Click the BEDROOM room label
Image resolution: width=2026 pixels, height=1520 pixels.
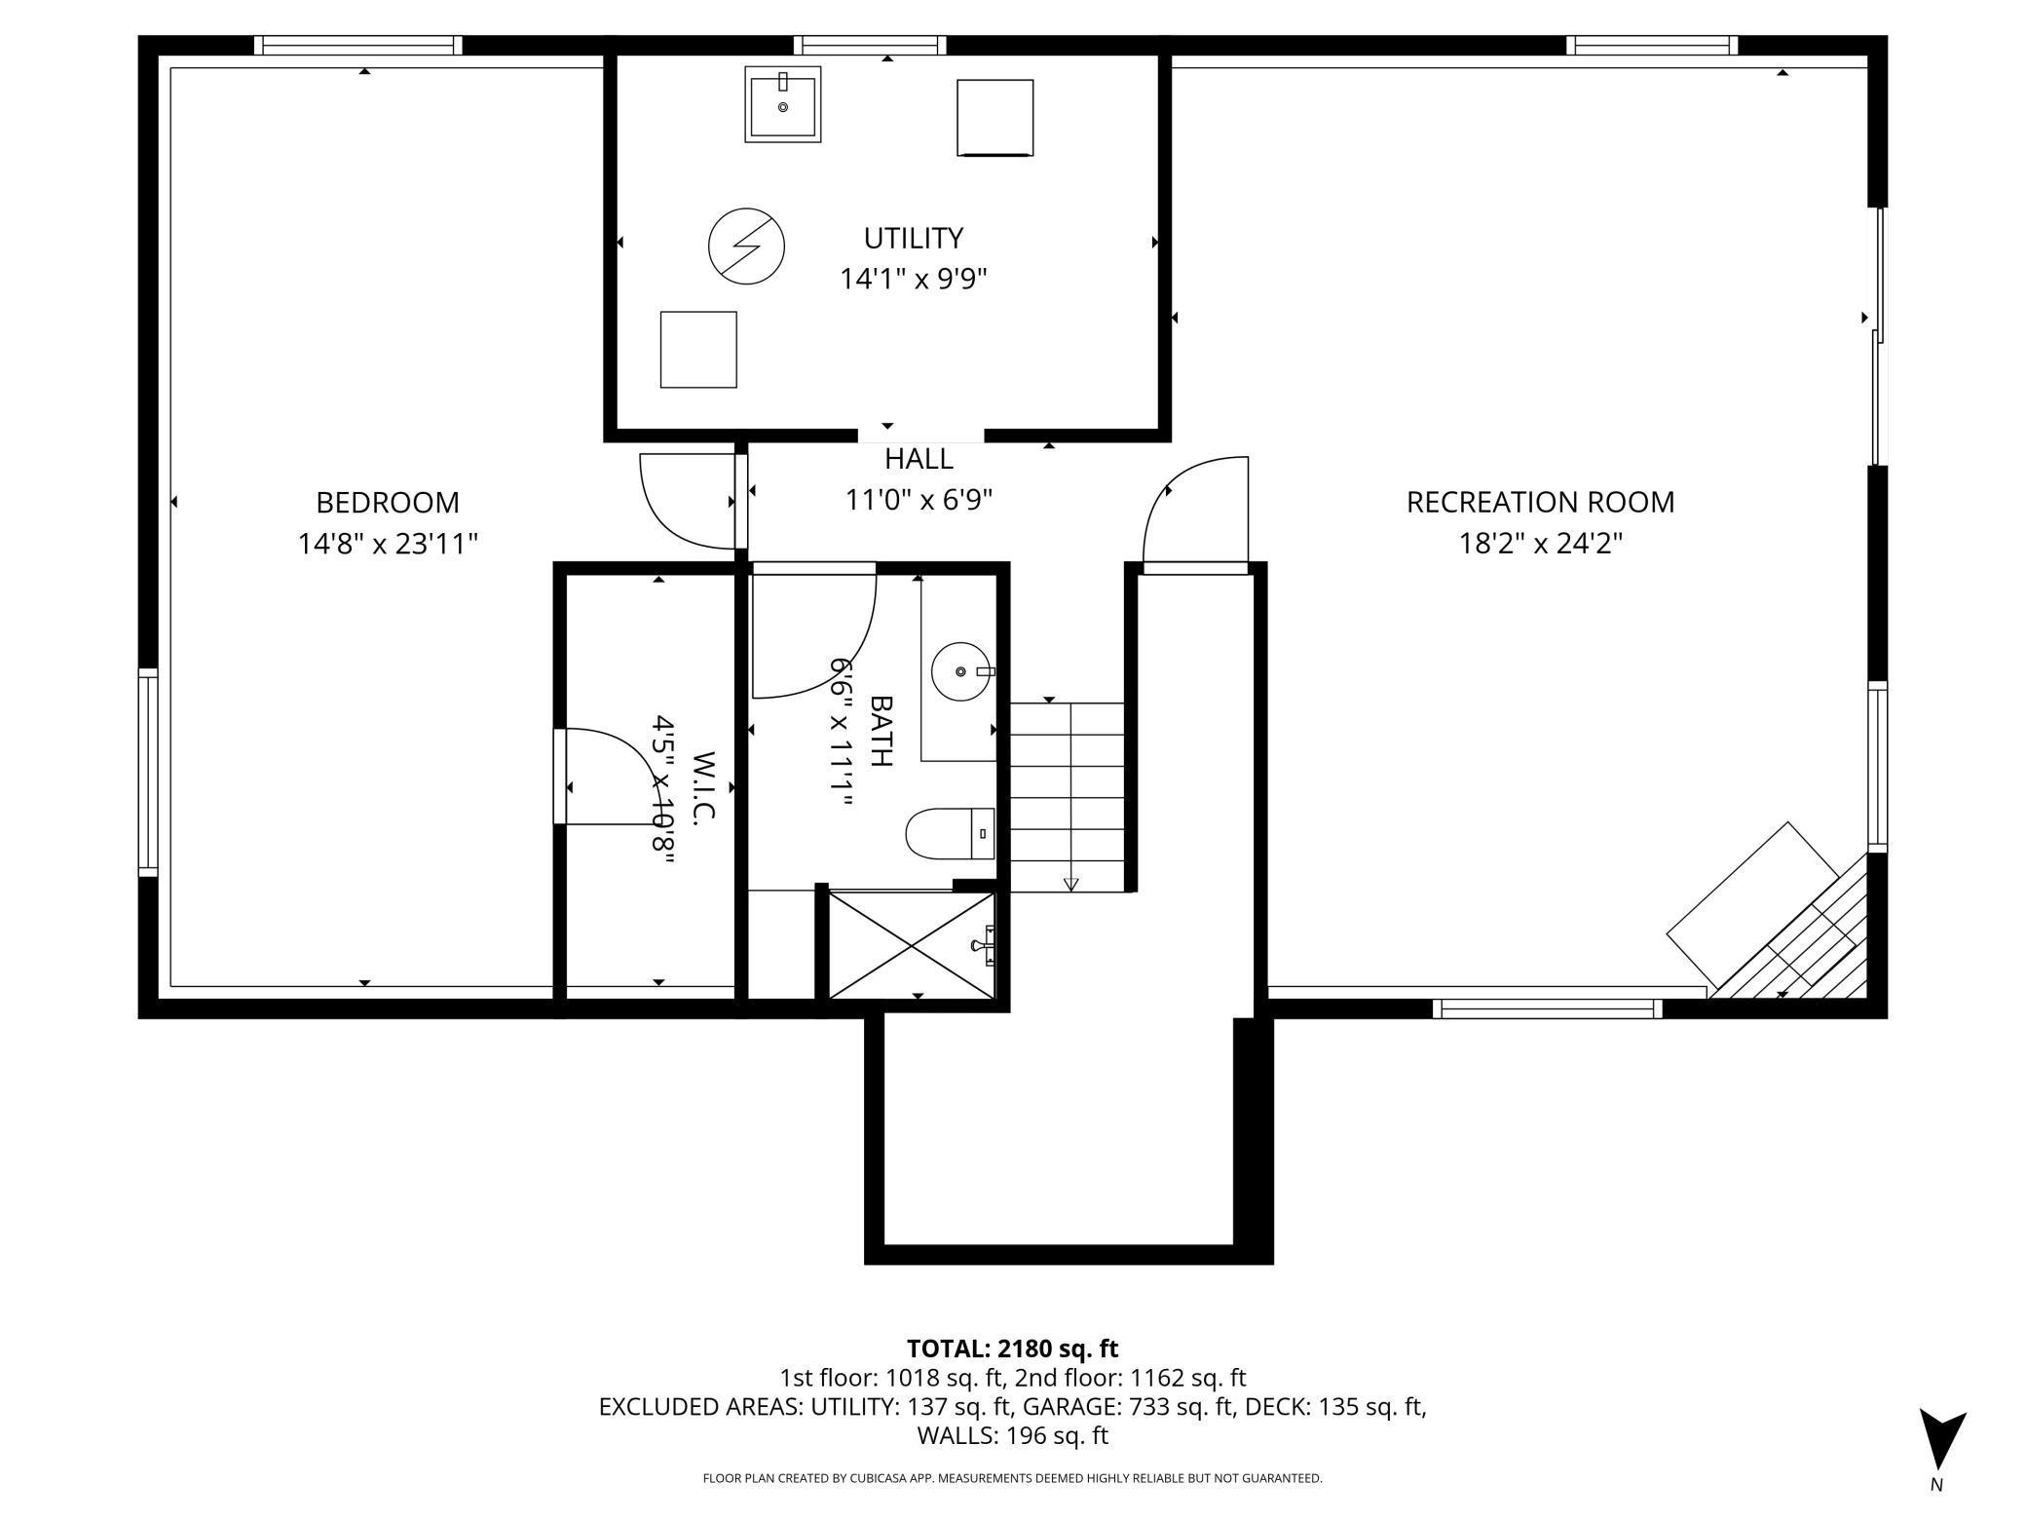387,503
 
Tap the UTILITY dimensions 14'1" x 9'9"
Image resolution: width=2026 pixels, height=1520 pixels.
913,280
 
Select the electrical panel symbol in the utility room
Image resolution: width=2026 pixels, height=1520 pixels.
746,246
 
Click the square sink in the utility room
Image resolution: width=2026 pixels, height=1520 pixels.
783,104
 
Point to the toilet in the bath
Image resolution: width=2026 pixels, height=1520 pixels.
949,834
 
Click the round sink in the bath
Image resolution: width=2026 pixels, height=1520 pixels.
961,672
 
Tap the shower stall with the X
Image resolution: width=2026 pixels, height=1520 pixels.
911,944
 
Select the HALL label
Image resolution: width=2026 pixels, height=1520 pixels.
919,459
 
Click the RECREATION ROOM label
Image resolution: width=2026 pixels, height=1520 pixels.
1540,503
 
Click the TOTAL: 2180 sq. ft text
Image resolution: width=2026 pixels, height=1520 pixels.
1012,1349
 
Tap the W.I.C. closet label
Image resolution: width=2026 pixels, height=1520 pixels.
703,788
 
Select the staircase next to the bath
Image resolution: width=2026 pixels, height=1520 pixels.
1068,797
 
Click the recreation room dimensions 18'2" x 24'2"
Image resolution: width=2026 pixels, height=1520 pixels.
1540,544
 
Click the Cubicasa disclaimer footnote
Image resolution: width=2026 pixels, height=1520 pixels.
1012,1478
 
